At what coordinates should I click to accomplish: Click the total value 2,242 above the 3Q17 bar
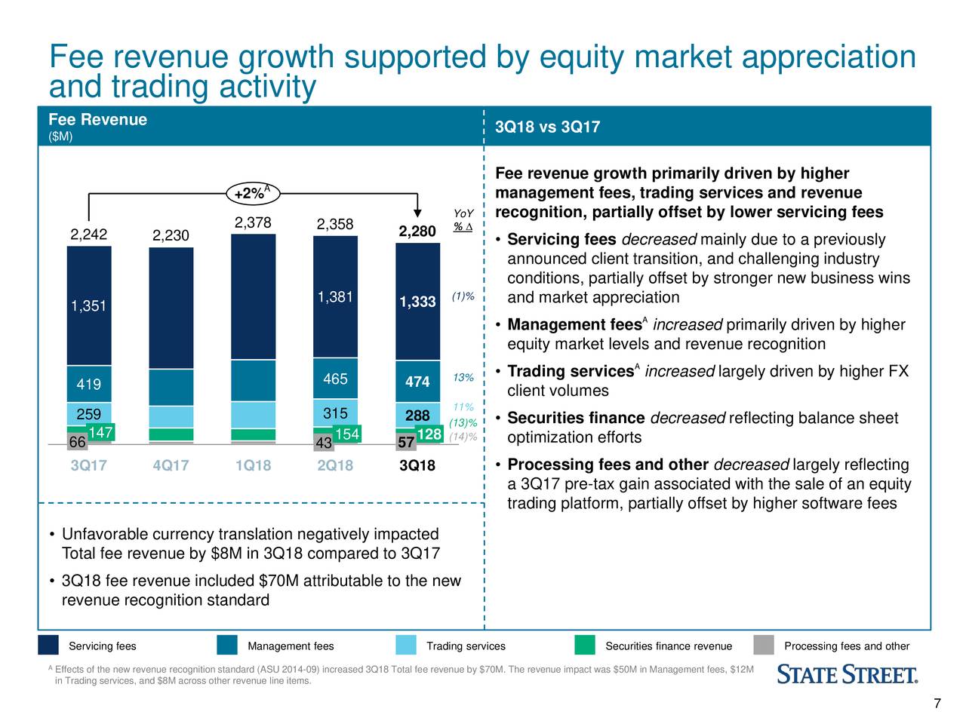point(89,234)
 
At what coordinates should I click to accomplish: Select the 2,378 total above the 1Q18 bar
point(253,222)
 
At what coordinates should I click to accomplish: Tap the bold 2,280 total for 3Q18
point(417,231)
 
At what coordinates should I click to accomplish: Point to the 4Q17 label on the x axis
point(171,465)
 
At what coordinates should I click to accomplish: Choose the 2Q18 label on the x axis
point(335,465)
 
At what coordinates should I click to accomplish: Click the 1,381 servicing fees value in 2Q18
point(335,297)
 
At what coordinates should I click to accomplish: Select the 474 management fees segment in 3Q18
point(417,382)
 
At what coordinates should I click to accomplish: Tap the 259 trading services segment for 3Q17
point(89,415)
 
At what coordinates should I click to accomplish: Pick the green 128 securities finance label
point(429,434)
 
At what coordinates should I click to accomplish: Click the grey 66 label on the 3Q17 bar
point(76,442)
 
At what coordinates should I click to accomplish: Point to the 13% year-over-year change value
point(463,378)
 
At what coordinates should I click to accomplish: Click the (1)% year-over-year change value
point(463,296)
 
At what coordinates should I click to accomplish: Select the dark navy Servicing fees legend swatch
point(48,646)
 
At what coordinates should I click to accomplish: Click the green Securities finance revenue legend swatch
point(584,646)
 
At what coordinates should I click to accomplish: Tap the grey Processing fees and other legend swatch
point(764,646)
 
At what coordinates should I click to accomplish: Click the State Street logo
point(848,674)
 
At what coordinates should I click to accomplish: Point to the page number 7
point(937,704)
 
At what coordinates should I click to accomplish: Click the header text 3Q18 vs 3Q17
point(547,127)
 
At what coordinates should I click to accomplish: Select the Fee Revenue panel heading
point(97,120)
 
